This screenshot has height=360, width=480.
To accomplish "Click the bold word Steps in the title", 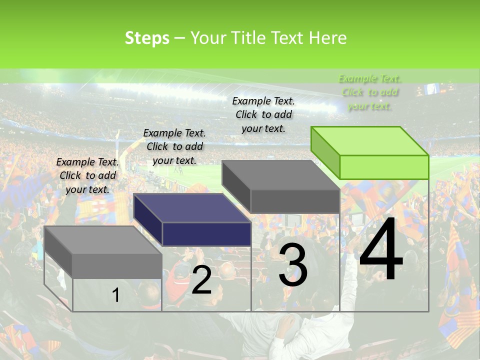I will pos(147,38).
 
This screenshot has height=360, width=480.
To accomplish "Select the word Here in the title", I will pos(328,38).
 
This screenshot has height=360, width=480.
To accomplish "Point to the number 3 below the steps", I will pos(293,265).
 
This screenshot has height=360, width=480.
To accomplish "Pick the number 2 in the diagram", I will pos(201,280).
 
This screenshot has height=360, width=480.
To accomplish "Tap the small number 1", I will pos(115,295).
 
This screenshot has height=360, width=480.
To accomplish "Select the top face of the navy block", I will pos(192,208).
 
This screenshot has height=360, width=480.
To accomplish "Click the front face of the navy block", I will pos(206,234).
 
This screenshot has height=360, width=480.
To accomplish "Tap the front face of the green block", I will pos(384,167).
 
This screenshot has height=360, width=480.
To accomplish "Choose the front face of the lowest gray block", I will pos(117,266).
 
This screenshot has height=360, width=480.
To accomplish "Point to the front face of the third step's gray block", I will pos(295,201).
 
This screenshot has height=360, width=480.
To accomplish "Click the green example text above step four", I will pos(369,92).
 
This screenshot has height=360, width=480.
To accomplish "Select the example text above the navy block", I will pos(174,146).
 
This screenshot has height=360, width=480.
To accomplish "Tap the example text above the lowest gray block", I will pos(87,175).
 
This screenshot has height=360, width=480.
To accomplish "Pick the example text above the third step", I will pos(263,114).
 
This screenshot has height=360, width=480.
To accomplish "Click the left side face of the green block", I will pos(325,152).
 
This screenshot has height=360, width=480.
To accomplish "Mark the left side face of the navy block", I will pos(148,220).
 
